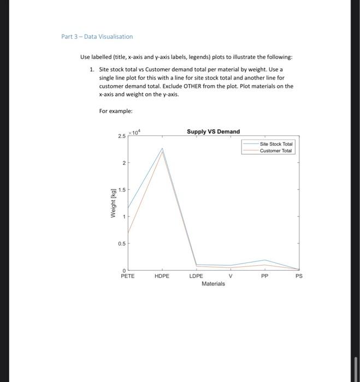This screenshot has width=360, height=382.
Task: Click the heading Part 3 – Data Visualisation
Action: pyautogui.click(x=97, y=37)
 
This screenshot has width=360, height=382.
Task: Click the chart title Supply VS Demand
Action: pyautogui.click(x=213, y=132)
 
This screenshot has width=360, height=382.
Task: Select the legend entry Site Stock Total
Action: pyautogui.click(x=276, y=144)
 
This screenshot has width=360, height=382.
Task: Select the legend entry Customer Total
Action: pyautogui.click(x=276, y=151)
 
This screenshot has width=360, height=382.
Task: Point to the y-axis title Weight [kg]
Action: pyautogui.click(x=114, y=202)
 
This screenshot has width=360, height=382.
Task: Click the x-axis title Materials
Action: pyautogui.click(x=213, y=284)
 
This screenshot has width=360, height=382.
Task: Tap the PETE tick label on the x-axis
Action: pyautogui.click(x=128, y=276)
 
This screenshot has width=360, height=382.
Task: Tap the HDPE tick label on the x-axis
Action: pyautogui.click(x=162, y=276)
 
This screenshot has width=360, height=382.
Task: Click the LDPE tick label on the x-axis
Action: pyautogui.click(x=196, y=276)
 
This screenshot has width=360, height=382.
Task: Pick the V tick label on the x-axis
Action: pyautogui.click(x=231, y=276)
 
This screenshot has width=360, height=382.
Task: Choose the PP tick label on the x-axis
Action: pyautogui.click(x=264, y=276)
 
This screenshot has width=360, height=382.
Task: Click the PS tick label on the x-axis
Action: pyautogui.click(x=298, y=276)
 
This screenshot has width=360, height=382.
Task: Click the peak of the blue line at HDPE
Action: pyautogui.click(x=162, y=148)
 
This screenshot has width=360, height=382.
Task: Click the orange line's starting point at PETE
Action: pyautogui.click(x=128, y=234)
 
